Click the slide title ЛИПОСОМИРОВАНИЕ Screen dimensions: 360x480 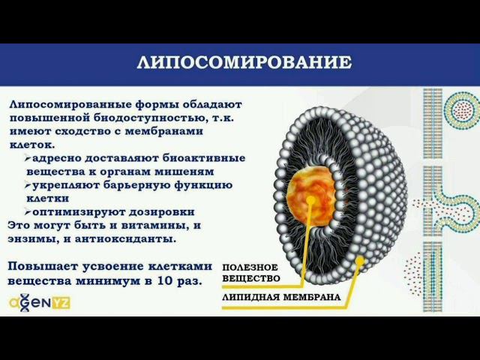point(244,62)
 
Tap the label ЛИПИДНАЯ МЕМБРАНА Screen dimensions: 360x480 point(281,297)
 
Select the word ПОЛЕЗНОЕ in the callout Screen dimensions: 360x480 point(250,268)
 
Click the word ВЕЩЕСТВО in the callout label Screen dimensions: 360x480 point(250,278)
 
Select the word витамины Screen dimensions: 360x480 point(157,225)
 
